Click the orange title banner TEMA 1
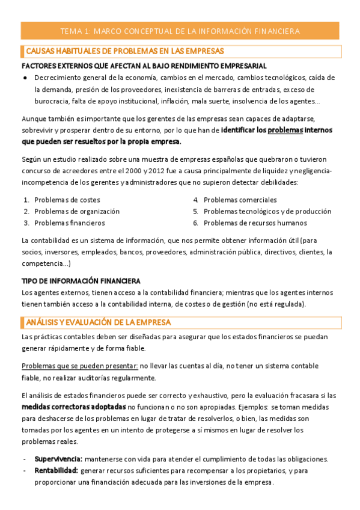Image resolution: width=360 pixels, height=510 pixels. (180, 31)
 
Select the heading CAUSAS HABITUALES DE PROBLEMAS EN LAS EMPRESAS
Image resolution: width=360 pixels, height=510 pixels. (124, 51)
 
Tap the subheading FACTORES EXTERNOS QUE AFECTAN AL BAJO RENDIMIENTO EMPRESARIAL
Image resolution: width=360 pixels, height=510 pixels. (144, 66)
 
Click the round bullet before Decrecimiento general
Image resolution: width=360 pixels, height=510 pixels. (25, 78)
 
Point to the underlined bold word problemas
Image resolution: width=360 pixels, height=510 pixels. (285, 130)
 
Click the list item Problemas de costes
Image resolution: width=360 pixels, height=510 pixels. (67, 200)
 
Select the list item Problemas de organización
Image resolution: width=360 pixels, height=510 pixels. (77, 211)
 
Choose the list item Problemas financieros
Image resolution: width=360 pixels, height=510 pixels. (69, 223)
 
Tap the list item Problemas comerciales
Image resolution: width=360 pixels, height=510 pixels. (240, 200)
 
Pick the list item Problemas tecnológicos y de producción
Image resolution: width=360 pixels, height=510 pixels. (267, 211)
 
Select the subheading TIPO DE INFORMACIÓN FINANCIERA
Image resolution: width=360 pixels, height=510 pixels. (81, 281)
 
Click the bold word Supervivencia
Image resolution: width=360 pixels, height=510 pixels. (58, 459)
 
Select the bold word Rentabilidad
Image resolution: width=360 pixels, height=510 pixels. (56, 470)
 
